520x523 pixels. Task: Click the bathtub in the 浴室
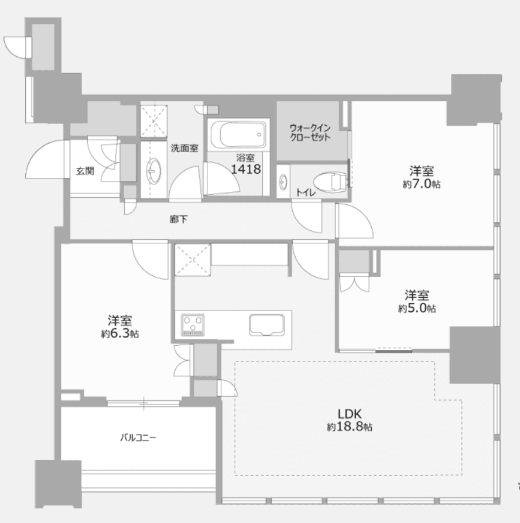pyautogui.click(x=238, y=135)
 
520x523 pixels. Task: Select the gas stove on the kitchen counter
pyautogui.click(x=193, y=325)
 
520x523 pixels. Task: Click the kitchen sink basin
pyautogui.click(x=267, y=325)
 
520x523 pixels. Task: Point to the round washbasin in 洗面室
pyautogui.click(x=153, y=171)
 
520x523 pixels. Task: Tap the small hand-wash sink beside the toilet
pyautogui.click(x=283, y=182)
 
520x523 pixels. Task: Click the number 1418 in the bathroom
pyautogui.click(x=246, y=170)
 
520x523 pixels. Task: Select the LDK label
pyautogui.click(x=350, y=414)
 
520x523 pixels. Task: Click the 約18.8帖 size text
pyautogui.click(x=350, y=426)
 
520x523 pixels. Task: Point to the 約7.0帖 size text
pyautogui.click(x=422, y=184)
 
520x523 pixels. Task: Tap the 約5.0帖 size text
pyautogui.click(x=417, y=308)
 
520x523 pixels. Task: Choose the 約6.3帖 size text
pyautogui.click(x=120, y=333)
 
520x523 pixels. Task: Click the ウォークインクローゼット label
pyautogui.click(x=310, y=132)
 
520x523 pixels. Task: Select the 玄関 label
pyautogui.click(x=85, y=171)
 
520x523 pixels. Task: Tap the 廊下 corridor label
pyautogui.click(x=179, y=219)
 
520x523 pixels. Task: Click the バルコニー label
pyautogui.click(x=138, y=437)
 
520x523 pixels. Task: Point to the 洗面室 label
pyautogui.click(x=184, y=148)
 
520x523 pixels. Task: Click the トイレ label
pyautogui.click(x=306, y=192)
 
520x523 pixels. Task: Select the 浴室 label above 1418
pyautogui.click(x=245, y=158)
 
